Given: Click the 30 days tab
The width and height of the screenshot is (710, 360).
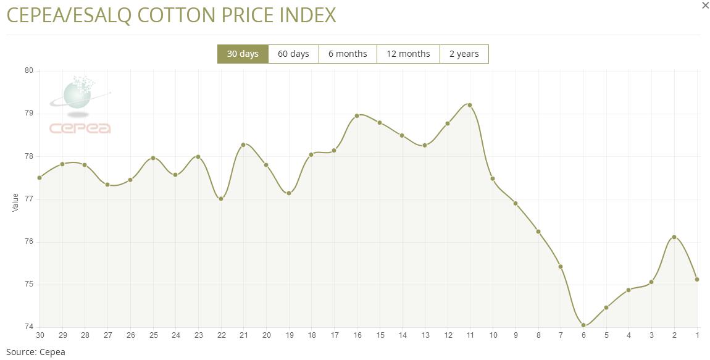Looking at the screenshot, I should [243, 54].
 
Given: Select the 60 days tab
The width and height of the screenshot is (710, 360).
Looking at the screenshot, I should [293, 54].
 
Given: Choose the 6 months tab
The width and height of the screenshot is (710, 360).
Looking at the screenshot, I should [348, 54].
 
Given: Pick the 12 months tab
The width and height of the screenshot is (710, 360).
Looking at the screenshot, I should [408, 54].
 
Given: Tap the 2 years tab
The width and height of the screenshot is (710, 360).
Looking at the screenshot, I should [464, 54].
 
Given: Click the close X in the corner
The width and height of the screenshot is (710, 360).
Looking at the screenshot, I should [706, 6].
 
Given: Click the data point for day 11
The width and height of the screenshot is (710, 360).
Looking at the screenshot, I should [470, 105].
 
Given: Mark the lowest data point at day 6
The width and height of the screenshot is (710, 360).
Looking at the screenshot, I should [583, 325].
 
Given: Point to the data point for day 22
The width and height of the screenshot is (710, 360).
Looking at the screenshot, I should [221, 199].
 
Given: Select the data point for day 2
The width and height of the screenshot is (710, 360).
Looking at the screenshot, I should [674, 237].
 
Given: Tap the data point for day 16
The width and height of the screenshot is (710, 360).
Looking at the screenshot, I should [357, 115].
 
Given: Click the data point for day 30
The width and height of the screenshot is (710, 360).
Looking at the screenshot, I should [40, 178].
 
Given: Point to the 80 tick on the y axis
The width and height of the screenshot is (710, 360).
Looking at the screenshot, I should [28, 70].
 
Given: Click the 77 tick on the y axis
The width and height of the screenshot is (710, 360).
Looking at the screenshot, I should [28, 199].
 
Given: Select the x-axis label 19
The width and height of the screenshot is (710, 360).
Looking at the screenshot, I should [289, 335].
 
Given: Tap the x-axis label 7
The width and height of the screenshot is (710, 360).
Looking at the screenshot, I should [561, 335].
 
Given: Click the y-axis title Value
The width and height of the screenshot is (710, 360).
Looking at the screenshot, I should [15, 202].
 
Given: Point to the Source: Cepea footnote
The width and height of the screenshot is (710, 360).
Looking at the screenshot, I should [35, 352].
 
